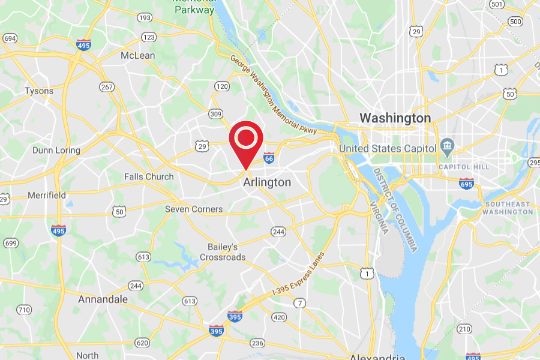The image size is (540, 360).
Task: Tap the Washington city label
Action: point(395,118)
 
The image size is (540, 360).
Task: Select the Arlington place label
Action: point(268,182)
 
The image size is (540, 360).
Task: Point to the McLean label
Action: point(138,55)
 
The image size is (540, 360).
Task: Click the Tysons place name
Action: point(39,91)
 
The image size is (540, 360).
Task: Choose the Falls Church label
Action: point(149,176)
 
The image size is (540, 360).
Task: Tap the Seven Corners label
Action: point(194,209)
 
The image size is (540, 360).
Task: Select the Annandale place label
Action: point(103,299)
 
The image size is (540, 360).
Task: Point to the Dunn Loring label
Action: point(56,150)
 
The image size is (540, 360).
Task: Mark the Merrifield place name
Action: point(47,195)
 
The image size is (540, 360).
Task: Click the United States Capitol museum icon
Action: point(447,146)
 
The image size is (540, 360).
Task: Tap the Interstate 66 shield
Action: point(269,158)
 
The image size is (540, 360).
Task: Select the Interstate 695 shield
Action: point(467,184)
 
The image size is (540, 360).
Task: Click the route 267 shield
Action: point(107,88)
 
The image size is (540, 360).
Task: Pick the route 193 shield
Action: point(144,18)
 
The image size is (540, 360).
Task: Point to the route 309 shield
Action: point(215,113)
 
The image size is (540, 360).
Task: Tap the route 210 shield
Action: point(464,328)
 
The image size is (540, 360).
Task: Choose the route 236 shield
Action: point(257,343)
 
